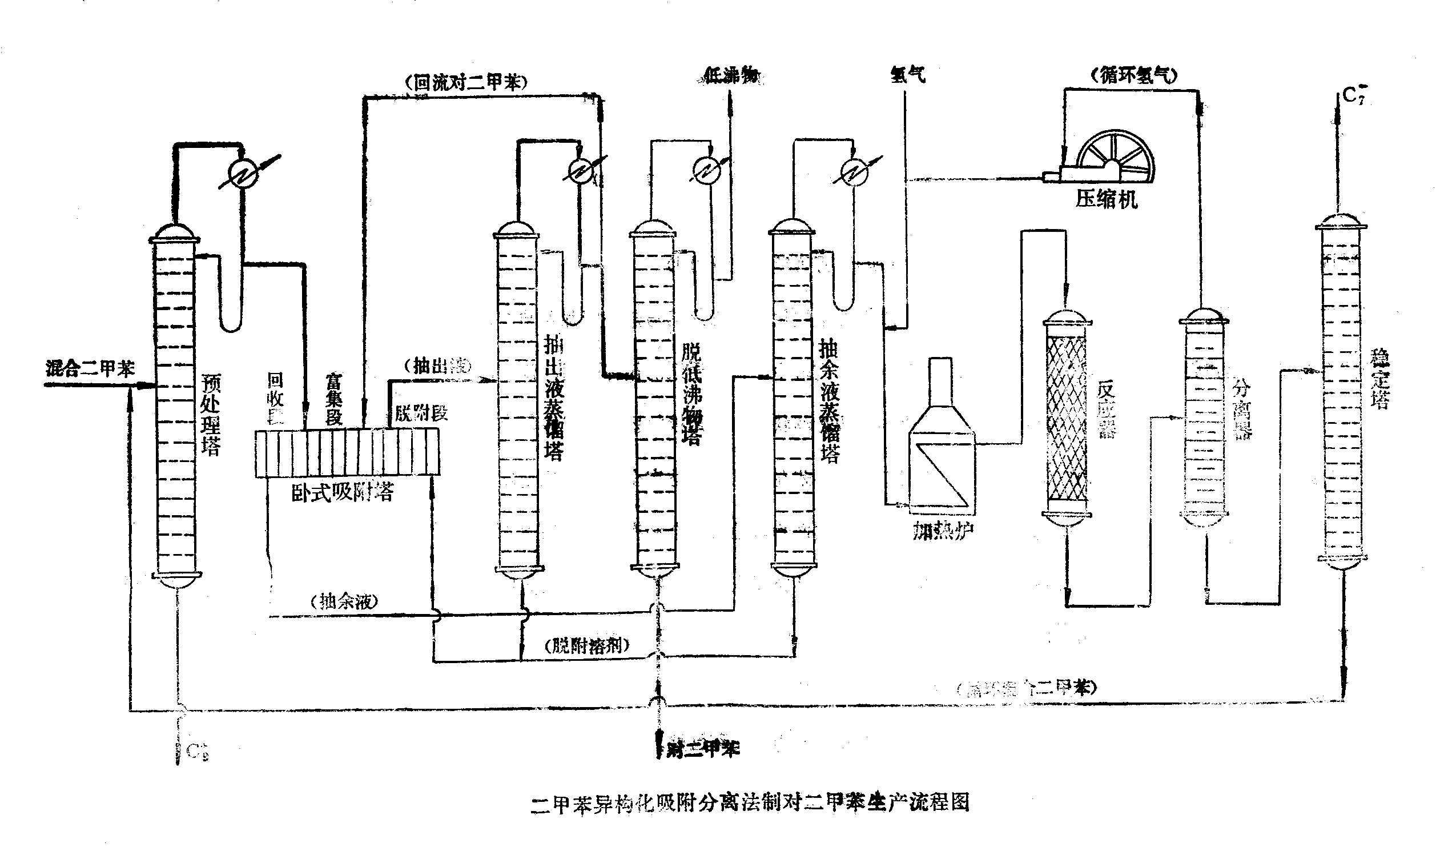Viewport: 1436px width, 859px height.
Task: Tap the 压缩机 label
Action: point(1106,199)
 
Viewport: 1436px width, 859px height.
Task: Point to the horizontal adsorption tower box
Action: point(347,452)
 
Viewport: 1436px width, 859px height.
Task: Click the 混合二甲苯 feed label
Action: point(90,369)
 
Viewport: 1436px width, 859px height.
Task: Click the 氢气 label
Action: point(907,75)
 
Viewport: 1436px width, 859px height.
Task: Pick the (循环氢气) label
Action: point(1133,76)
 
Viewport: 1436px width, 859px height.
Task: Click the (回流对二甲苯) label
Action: point(466,82)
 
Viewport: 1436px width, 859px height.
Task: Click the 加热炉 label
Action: point(943,530)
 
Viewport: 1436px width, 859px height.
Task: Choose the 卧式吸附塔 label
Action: point(343,492)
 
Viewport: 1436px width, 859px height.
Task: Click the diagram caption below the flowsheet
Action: point(750,803)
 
